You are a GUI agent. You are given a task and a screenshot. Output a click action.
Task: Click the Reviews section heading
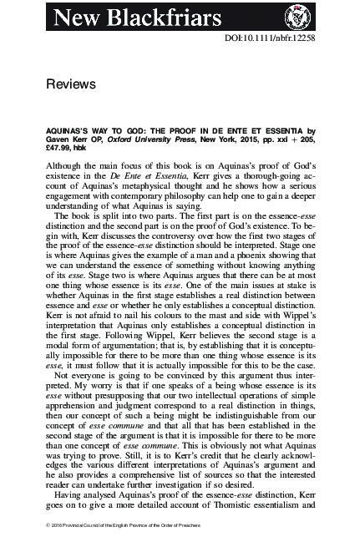(x=71, y=84)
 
